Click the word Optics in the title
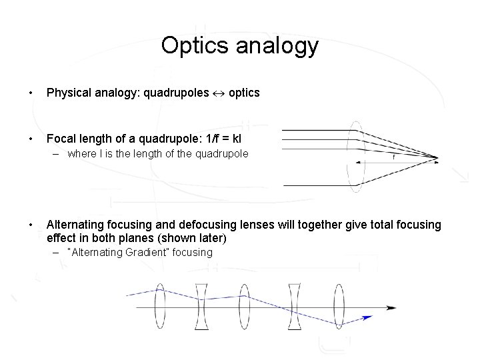pos(192,46)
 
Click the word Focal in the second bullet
pos(61,139)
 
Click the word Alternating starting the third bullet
pos(76,225)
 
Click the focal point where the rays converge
pos(437,158)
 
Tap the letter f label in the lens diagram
pos(394,157)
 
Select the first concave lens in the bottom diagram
pos(201,307)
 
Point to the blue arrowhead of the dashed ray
pos(367,317)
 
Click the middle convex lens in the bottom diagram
pos(244,307)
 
